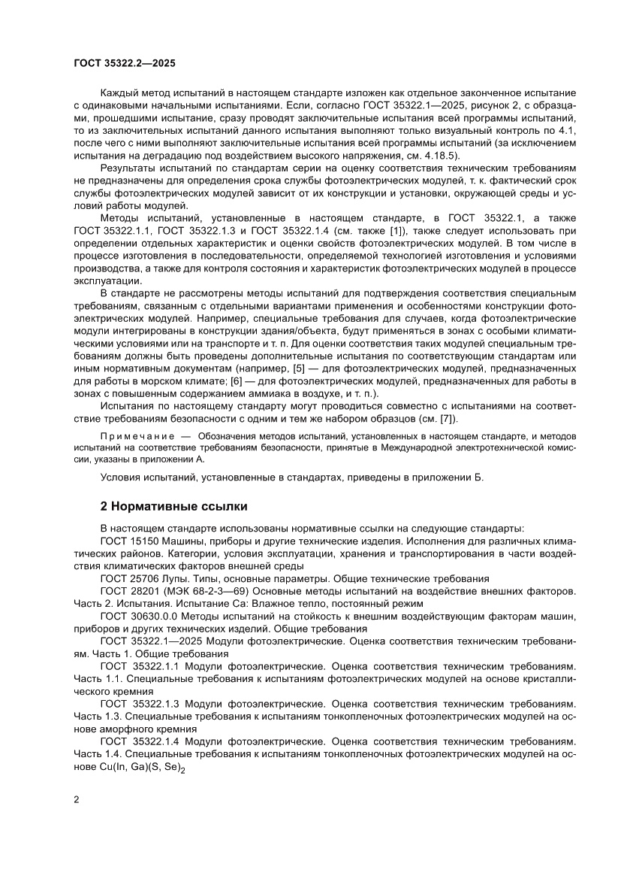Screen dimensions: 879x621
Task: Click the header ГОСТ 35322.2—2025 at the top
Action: [125, 64]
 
